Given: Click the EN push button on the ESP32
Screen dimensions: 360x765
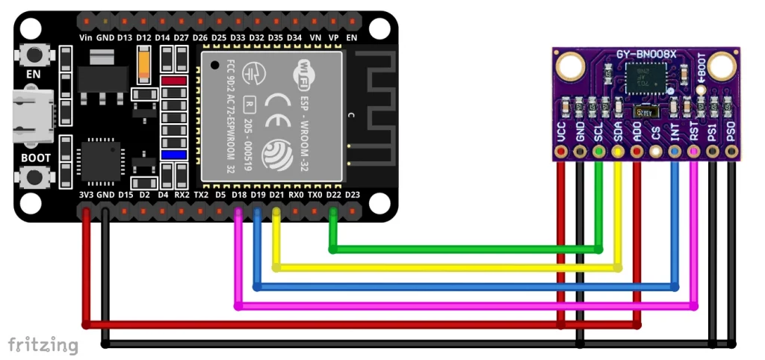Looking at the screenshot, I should pyautogui.click(x=33, y=55).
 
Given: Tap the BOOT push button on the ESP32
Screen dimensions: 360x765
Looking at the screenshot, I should pyautogui.click(x=33, y=177).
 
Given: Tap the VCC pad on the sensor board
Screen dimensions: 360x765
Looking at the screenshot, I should pyautogui.click(x=561, y=152).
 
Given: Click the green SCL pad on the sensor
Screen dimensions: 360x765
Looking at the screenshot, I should pyautogui.click(x=599, y=152).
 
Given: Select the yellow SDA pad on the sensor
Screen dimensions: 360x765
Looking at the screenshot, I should pyautogui.click(x=618, y=152).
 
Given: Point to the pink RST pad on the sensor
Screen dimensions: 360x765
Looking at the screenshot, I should pyautogui.click(x=694, y=152).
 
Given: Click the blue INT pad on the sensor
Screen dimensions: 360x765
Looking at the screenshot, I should pyautogui.click(x=675, y=152).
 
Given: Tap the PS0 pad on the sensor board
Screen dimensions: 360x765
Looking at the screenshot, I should pyautogui.click(x=732, y=152).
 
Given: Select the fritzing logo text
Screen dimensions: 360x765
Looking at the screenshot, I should pyautogui.click(x=43, y=344).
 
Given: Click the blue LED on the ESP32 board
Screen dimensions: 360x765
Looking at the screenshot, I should pyautogui.click(x=173, y=155).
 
